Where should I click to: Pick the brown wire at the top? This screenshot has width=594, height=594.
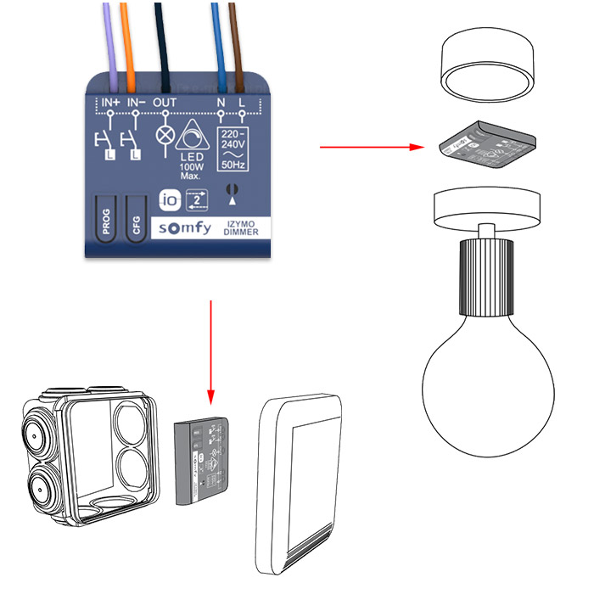(241, 34)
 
